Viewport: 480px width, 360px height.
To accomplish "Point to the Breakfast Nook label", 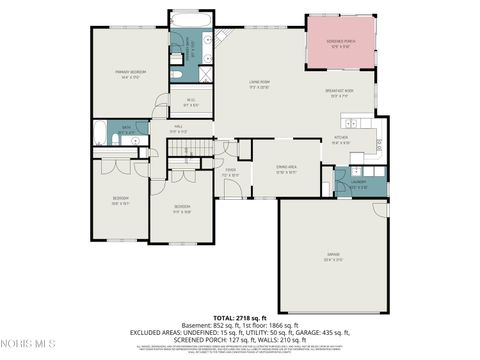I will pos(339,93).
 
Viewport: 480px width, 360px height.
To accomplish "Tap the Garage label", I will pos(331,257).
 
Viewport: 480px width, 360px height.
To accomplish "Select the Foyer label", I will pos(230,171).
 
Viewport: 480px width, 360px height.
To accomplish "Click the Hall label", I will pos(177,129).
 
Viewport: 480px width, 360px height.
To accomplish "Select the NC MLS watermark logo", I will pos(27,345).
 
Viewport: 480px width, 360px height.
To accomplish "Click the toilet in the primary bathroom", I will pos(175,74).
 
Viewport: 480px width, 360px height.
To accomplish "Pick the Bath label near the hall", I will pos(127,128).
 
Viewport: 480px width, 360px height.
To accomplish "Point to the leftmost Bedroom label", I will pos(121,200).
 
